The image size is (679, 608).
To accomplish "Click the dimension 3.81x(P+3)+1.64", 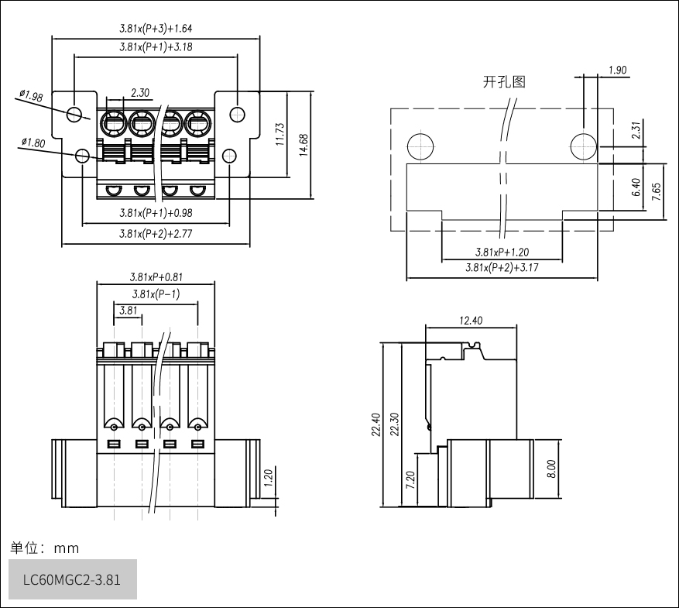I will pos(156,29).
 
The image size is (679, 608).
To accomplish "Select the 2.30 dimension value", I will pos(140,93).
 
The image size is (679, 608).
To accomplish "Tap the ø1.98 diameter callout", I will pos(31,96).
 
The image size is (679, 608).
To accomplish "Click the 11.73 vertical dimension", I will pos(280,136).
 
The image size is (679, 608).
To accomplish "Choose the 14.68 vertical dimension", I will pos(303,145).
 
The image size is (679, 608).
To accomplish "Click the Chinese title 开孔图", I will pos(504,81).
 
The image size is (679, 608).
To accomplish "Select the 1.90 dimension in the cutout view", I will pos(618,70).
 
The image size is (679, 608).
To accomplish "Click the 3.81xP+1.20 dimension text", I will pos(502,252).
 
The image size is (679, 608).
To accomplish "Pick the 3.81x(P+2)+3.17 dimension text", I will pos(502,268).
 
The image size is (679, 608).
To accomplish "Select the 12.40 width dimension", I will pos(471,321).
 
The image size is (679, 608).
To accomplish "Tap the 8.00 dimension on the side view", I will pos(550,468).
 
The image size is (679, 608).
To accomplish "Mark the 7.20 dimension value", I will pos(411,480).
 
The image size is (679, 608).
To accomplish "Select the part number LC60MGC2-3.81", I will pos(72,580).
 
